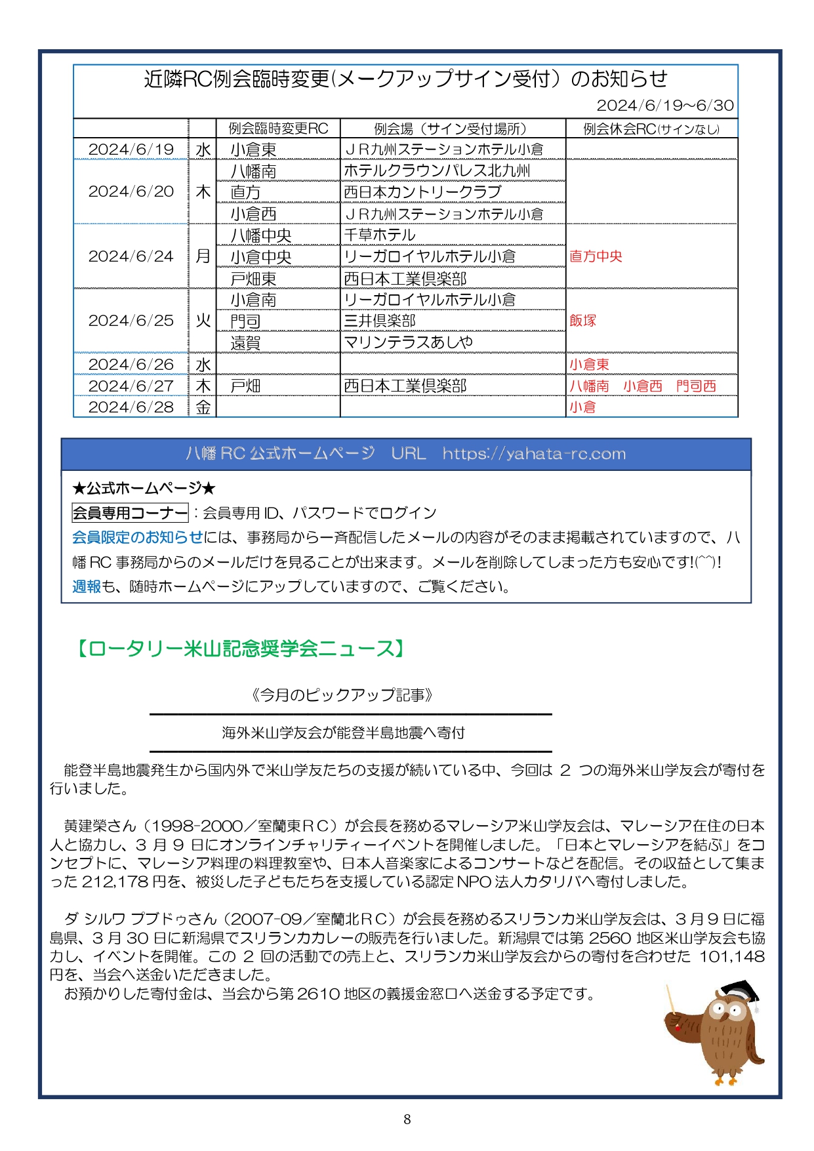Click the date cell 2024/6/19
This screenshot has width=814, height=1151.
point(131,150)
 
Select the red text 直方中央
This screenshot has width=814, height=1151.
point(596,256)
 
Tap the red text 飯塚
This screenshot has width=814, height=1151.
point(582,321)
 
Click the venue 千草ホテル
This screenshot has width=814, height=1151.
point(380,235)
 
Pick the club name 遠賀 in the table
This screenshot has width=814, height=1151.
point(245,343)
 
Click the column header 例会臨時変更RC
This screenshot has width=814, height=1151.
point(278,129)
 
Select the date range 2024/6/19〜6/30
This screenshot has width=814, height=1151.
point(664,106)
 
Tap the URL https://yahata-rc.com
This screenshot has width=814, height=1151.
point(534,454)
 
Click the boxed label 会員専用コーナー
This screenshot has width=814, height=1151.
point(130,513)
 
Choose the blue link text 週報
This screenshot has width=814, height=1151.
point(86,586)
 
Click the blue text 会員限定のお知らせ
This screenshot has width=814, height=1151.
point(137,537)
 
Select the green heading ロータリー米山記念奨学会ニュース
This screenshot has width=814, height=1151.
point(240,649)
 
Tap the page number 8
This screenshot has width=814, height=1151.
point(407,1119)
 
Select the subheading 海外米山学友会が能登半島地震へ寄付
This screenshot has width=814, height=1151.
point(343,733)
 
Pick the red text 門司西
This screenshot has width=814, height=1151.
point(696,386)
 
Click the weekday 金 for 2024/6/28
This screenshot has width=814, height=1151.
point(203,407)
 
